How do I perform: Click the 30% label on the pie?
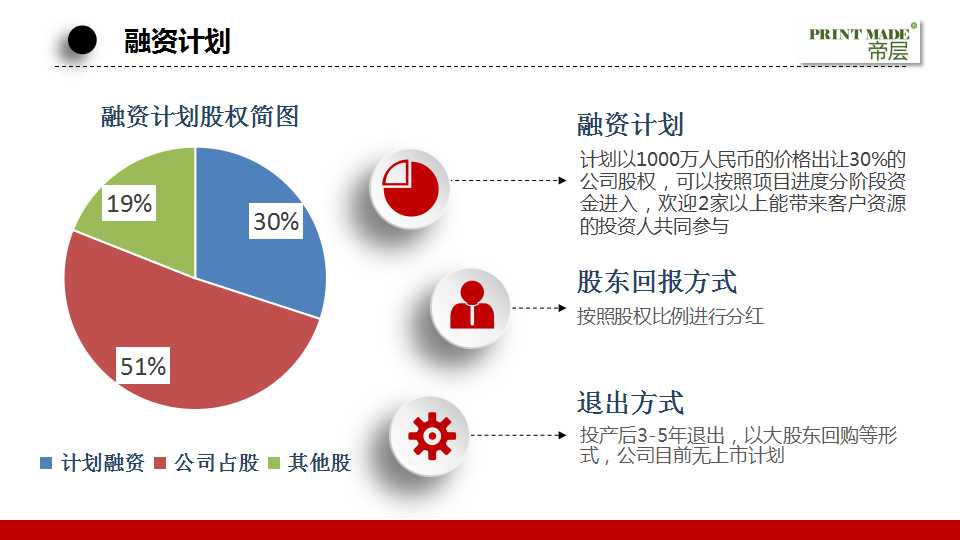click(276, 222)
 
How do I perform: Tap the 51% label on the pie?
click(143, 367)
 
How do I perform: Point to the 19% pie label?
click(130, 204)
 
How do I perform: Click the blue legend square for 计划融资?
click(46, 463)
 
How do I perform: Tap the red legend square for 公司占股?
click(160, 463)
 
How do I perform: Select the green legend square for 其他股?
click(273, 463)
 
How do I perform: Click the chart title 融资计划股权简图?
click(200, 117)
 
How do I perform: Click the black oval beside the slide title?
click(82, 40)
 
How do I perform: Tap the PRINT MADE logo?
click(859, 43)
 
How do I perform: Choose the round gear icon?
click(431, 435)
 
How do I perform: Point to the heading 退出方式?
click(630, 402)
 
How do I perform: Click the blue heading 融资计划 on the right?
click(630, 125)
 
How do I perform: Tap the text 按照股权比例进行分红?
click(670, 317)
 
